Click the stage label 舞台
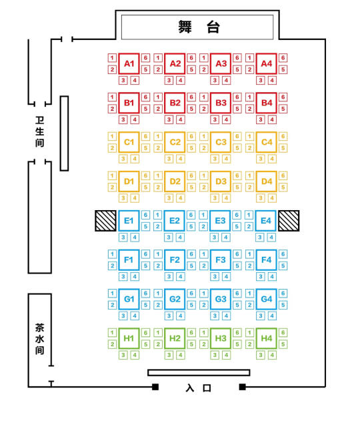click(199, 27)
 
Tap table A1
click(129, 63)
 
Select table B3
click(221, 103)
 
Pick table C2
click(175, 142)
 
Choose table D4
click(266, 181)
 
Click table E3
click(220, 221)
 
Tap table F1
click(129, 260)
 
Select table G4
click(266, 299)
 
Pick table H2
click(175, 338)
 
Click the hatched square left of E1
click(105, 221)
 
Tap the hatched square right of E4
click(289, 221)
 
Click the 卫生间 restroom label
click(39, 131)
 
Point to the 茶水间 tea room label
click(39, 339)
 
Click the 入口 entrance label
click(199, 388)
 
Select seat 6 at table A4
click(283, 58)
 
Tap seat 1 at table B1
click(112, 97)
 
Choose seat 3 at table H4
click(261, 355)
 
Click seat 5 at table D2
click(191, 187)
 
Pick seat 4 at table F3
click(226, 276)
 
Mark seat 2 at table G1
click(112, 305)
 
